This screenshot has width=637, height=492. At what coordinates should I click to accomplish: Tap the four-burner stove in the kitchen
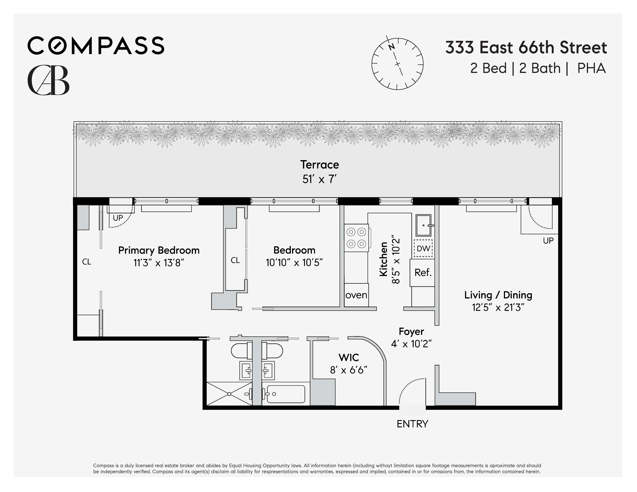pos(356,238)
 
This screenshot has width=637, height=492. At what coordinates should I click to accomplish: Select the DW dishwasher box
pos(423,248)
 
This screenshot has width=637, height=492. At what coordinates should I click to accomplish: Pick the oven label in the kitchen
pos(356,295)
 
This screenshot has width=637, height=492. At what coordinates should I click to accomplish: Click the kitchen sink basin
pos(423,225)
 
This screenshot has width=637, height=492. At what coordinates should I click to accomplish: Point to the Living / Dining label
pos(498,295)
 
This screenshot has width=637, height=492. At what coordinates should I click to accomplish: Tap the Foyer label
pos(411,331)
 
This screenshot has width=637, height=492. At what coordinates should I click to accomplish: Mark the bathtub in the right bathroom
pos(286,394)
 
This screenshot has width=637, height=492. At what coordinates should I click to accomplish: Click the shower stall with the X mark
pos(229,394)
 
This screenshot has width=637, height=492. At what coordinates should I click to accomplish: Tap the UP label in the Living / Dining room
pos(548,241)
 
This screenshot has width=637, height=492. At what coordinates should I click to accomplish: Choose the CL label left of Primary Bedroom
pos(87,262)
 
